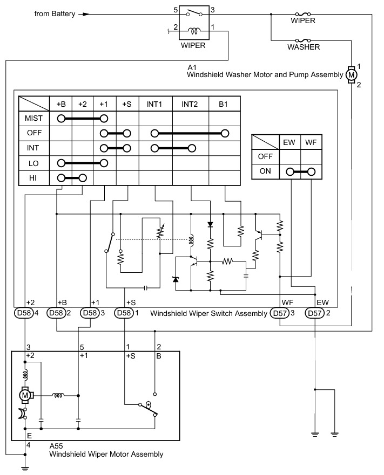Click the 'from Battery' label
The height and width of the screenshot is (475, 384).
point(55,14)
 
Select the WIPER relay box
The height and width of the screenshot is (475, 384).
point(194,23)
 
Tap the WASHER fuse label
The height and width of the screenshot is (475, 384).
point(304,47)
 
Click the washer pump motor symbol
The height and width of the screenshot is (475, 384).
point(351,74)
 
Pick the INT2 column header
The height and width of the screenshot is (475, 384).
point(190,104)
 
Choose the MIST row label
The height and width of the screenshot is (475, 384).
point(33,118)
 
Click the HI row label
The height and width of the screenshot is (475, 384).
point(33,178)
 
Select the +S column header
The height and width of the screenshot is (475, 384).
point(127,104)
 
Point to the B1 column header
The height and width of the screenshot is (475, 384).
point(223,104)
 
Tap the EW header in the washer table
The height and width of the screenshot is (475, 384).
point(289,142)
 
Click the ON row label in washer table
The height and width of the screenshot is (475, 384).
point(265,171)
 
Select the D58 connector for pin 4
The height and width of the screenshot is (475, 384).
point(24,313)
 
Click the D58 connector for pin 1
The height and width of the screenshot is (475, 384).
point(124,313)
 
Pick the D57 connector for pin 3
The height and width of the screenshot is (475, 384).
point(280,313)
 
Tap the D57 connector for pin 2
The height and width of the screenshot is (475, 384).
point(314,313)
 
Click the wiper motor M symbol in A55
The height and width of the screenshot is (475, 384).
point(25,395)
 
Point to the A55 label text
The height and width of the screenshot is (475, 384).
point(56,446)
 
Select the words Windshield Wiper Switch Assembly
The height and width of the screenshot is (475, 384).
point(208,313)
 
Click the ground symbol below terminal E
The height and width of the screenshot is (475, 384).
point(25,469)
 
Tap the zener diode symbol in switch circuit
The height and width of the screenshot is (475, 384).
point(176,279)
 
